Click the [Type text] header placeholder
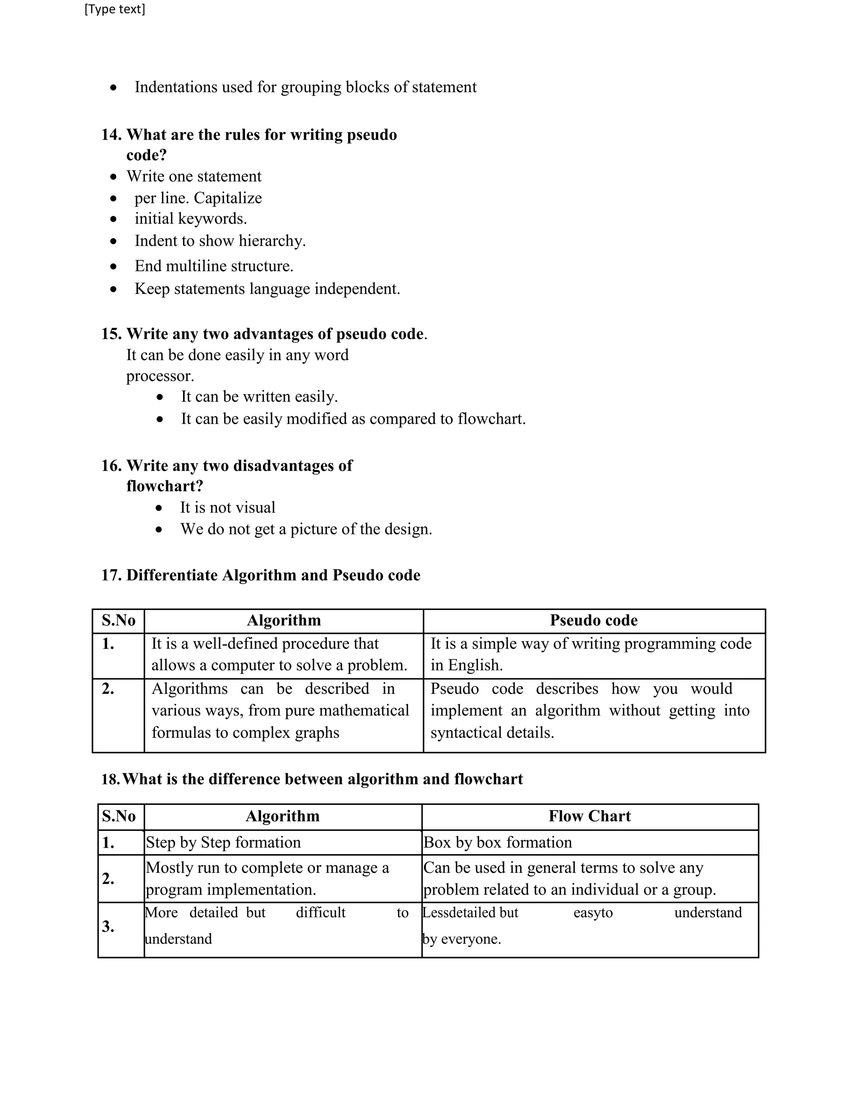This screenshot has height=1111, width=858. (x=114, y=9)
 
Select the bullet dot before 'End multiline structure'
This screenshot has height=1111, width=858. (x=114, y=267)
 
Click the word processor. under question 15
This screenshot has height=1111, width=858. (x=160, y=376)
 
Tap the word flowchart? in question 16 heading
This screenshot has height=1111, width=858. (x=165, y=486)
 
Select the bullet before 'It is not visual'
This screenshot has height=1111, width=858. (x=160, y=508)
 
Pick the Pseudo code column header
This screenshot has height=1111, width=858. (x=593, y=620)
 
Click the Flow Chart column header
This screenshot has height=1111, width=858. (x=589, y=816)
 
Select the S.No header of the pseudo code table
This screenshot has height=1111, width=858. (x=119, y=620)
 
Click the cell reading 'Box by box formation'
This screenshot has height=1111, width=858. (x=498, y=842)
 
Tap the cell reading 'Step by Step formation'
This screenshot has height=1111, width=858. (x=223, y=842)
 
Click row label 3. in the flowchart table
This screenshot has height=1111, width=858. (x=108, y=927)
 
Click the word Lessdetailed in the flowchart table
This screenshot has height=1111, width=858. (x=459, y=913)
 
